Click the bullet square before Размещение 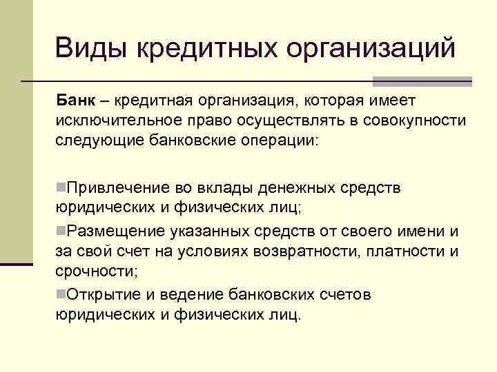[61, 229]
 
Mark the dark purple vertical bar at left [16, 263]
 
